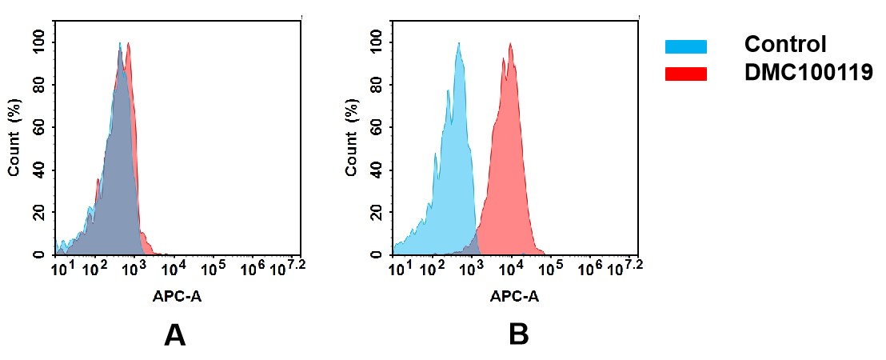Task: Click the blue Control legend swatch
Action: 685,46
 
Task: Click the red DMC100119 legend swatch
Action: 685,74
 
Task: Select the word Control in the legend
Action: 784,45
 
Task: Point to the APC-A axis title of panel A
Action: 176,297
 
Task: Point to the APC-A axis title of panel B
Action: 514,297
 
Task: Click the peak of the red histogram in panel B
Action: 509,45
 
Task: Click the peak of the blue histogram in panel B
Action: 458,45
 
